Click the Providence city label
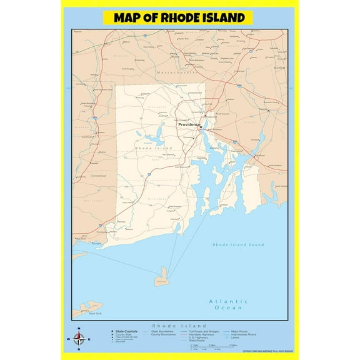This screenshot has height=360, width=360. (x=189, y=124)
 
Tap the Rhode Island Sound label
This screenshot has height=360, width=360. (x=239, y=244)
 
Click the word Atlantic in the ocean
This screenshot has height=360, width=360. (x=228, y=302)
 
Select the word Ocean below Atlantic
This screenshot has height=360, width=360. (x=228, y=309)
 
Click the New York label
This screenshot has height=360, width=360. (x=94, y=312)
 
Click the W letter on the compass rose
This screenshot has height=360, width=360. (x=68, y=340)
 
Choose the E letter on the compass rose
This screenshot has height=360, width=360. (x=89, y=340)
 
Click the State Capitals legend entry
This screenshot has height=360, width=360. (x=123, y=330)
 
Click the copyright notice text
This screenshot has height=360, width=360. (x=268, y=351)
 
